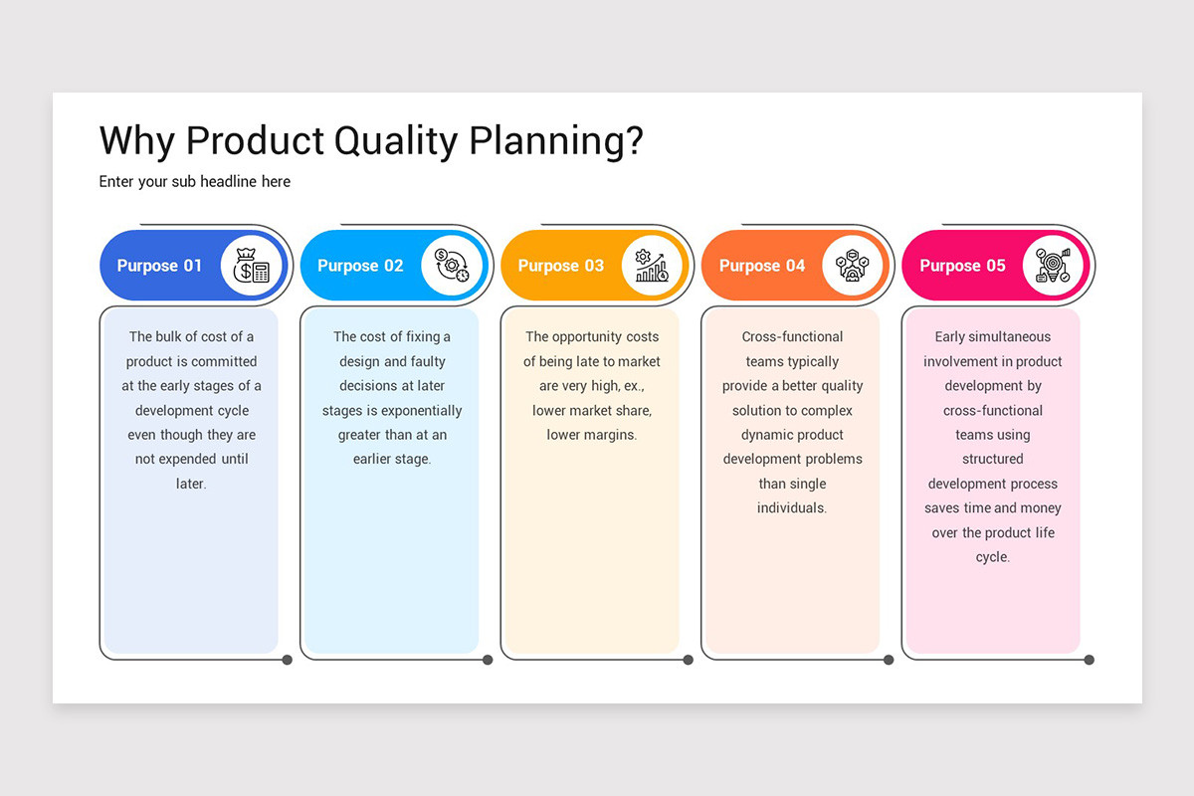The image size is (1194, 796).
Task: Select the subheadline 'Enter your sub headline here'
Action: (x=195, y=181)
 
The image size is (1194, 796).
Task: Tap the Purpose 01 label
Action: (x=159, y=266)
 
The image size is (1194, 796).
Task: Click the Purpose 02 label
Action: (x=360, y=266)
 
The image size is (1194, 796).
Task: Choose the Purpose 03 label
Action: (x=561, y=266)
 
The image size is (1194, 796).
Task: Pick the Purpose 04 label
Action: (x=762, y=266)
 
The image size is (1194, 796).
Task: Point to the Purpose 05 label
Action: (x=962, y=266)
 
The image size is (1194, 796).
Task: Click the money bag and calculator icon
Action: (x=251, y=266)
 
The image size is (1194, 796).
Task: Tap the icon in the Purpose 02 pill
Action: (x=452, y=266)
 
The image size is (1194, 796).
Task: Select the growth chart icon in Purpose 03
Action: (x=652, y=266)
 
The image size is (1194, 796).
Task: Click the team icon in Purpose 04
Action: (x=853, y=266)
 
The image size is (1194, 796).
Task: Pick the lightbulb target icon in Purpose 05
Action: (x=1053, y=266)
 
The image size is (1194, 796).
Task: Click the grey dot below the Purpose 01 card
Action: (x=288, y=660)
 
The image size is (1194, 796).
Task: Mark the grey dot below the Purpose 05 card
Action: (x=1090, y=660)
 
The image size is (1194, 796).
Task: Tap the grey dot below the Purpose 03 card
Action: (x=688, y=660)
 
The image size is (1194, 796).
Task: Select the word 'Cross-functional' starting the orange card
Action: (x=792, y=336)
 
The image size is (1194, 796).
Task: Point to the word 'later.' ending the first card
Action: (x=191, y=484)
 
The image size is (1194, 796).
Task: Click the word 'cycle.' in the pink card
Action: (x=992, y=557)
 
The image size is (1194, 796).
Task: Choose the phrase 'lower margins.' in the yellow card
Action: (x=591, y=435)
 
